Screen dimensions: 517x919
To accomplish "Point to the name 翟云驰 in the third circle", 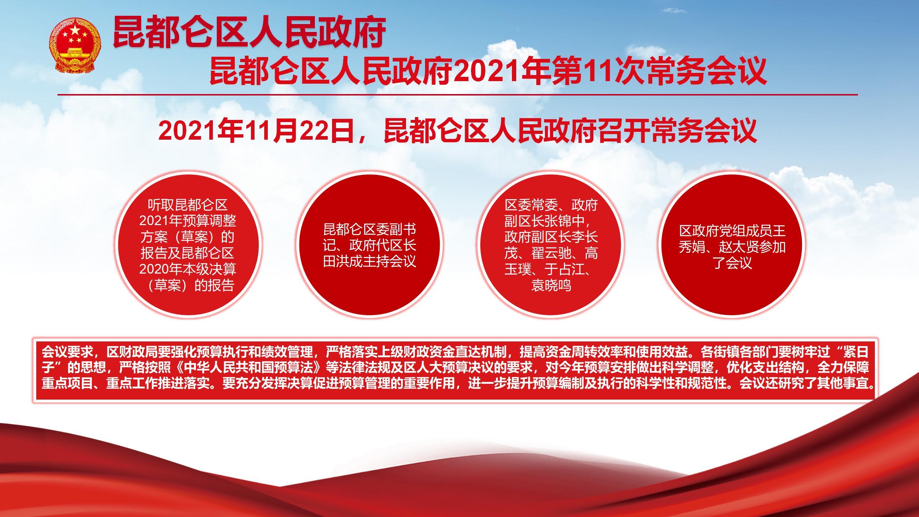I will point(551,253).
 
